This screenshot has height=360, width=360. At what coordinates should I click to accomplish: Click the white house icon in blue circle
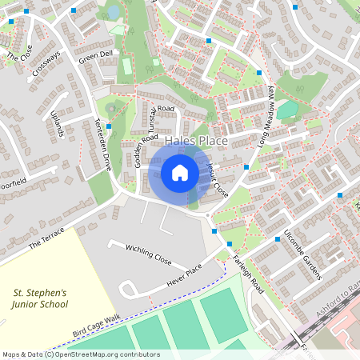180,172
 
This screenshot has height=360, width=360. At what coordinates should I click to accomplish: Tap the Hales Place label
197,141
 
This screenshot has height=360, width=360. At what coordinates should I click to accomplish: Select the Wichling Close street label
149,255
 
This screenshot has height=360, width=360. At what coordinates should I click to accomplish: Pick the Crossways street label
46,65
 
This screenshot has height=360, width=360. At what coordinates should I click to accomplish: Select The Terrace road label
44,236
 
